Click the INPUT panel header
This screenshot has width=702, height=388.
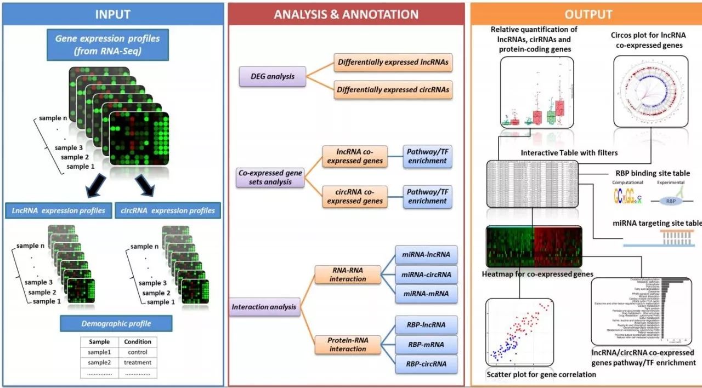(112, 14)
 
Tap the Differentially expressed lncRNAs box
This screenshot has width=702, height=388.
(393, 62)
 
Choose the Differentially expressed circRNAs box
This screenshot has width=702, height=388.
(393, 89)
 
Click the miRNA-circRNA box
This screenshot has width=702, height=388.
(426, 274)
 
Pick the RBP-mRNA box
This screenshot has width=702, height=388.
(426, 344)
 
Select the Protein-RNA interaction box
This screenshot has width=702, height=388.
(348, 344)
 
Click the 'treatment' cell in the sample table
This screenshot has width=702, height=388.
(137, 362)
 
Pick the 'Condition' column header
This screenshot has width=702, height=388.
(137, 341)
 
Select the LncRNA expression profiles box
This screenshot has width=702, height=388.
(59, 210)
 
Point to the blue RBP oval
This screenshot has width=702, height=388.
(670, 201)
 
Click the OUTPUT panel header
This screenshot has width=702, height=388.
(587, 14)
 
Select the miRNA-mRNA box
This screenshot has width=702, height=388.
(426, 294)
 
